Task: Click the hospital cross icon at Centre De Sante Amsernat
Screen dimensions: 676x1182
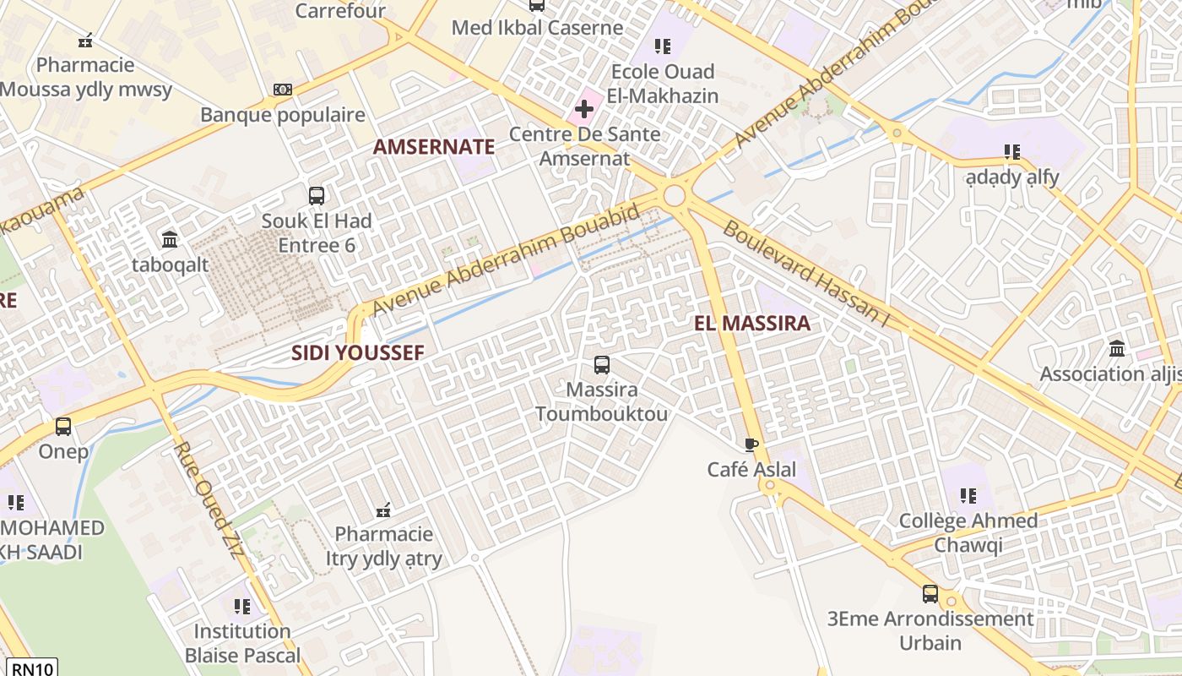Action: (x=583, y=109)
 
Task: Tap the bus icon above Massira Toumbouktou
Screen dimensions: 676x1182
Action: (x=601, y=365)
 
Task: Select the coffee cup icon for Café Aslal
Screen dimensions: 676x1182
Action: (x=751, y=444)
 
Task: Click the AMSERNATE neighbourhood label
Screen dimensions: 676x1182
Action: (x=434, y=147)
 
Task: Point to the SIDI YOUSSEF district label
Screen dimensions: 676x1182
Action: (x=357, y=353)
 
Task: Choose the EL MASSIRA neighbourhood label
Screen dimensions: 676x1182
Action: (x=751, y=323)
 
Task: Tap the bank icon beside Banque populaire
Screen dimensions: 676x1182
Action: (x=283, y=90)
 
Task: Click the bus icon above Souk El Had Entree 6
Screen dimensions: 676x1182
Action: (x=317, y=196)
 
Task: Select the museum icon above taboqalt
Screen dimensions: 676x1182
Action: (x=170, y=239)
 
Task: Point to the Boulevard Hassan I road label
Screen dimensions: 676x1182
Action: (x=807, y=274)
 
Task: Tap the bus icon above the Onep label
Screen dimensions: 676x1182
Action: (x=63, y=427)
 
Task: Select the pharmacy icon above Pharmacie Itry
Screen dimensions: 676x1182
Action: (x=383, y=510)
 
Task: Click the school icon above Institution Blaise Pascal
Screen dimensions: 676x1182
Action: (x=242, y=606)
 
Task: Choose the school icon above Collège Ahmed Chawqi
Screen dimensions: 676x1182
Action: (x=968, y=496)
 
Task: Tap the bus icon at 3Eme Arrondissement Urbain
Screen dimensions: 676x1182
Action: (x=930, y=594)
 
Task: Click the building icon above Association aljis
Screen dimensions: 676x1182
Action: (x=1117, y=348)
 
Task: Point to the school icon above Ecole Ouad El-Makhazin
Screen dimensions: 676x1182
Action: (x=663, y=46)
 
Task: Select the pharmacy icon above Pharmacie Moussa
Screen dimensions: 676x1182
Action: (x=85, y=40)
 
